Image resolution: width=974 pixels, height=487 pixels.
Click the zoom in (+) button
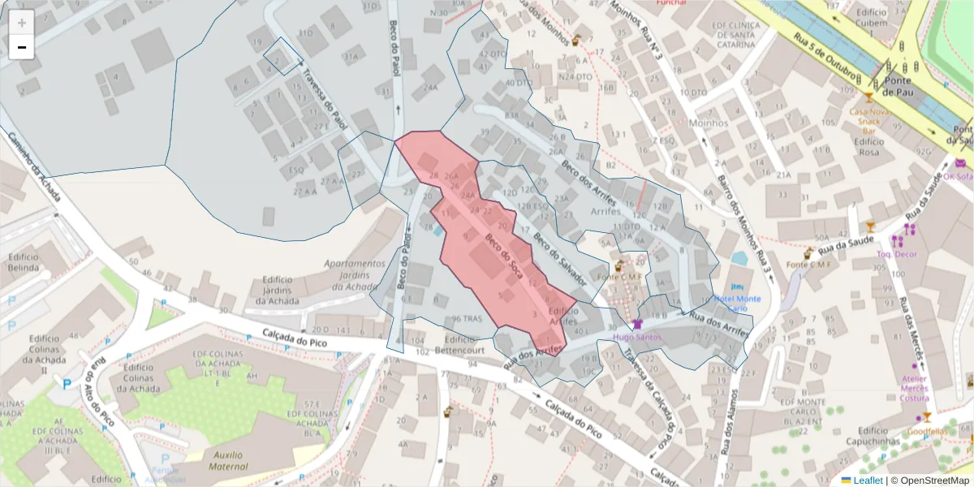pos(22,23)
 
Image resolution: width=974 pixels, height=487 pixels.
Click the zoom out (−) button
pos(22,47)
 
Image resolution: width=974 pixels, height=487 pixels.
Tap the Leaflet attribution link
pos(861,480)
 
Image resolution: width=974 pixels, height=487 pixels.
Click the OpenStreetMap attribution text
pos(930,480)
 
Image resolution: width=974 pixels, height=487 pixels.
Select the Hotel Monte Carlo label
pos(737,304)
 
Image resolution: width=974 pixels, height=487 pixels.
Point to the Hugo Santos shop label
pos(636,337)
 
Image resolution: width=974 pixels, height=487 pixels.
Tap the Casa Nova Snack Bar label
pos(870,120)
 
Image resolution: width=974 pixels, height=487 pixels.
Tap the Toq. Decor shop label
pos(895,253)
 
